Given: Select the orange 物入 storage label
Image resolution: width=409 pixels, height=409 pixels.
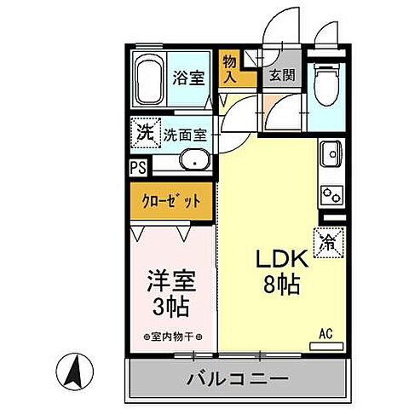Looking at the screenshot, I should pyautogui.click(x=230, y=69).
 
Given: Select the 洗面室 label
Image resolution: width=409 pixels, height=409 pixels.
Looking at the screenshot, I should pyautogui.click(x=186, y=134).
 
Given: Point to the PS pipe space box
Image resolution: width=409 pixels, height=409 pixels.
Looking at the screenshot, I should pyautogui.click(x=138, y=168).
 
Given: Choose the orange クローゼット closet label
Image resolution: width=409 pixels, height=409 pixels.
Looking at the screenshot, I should pyautogui.click(x=173, y=202).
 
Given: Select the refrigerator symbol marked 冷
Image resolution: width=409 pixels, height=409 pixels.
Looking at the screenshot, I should pyautogui.click(x=329, y=241).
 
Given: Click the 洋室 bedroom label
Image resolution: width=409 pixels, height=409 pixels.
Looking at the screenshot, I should pyautogui.click(x=171, y=280).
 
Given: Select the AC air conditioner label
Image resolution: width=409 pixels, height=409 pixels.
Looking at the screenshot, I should pyautogui.click(x=325, y=333).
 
